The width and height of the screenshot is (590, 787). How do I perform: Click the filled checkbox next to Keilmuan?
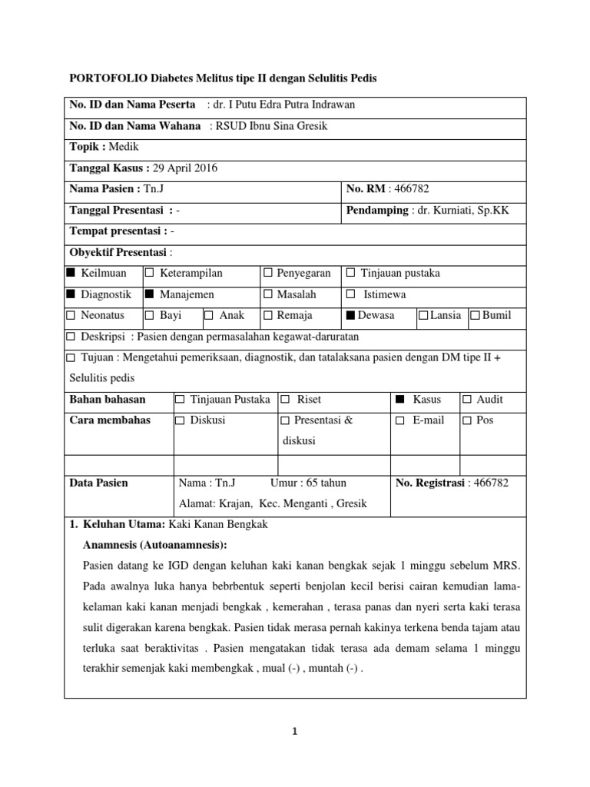71,273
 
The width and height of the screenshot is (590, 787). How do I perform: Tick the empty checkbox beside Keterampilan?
150,273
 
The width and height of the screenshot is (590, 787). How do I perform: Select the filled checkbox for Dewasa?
351,315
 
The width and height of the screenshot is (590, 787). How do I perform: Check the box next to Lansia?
423,315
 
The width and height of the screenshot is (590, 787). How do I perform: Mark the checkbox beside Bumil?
475,315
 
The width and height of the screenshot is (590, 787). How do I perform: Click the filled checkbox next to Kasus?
399,400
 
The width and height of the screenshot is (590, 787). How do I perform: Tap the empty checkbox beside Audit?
467,400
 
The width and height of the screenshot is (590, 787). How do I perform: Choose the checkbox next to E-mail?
399,421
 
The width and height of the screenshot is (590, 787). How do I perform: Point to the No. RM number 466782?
415,189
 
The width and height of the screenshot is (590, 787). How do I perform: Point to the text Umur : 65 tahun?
309,483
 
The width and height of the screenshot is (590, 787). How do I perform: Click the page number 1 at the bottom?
295,732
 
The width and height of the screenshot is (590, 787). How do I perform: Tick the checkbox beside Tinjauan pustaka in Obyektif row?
351,273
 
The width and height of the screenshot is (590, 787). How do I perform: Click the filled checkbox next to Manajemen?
150,294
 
